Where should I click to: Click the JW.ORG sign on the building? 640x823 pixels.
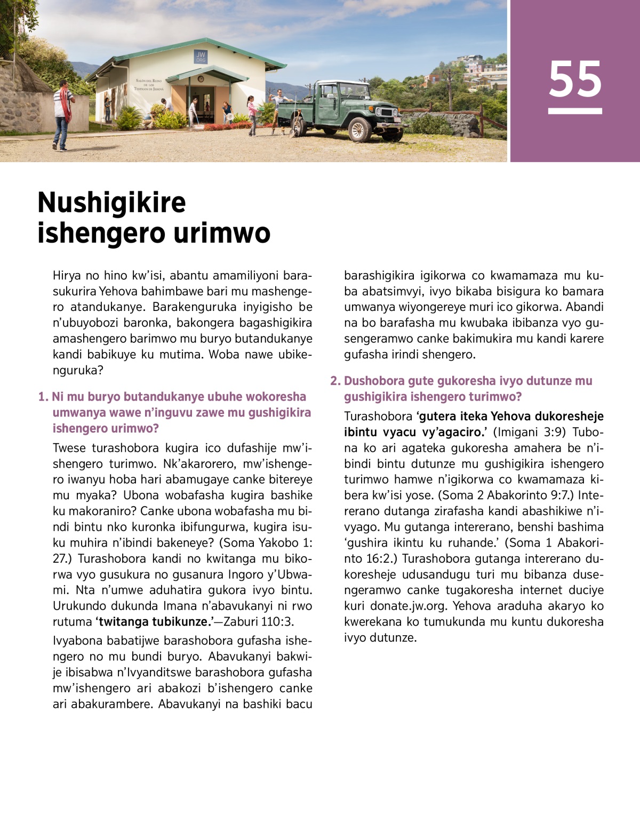201,57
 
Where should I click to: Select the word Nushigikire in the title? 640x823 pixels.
111,202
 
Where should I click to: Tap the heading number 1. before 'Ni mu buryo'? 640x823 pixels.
43,397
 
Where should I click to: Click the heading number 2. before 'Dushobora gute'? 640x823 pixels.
335,381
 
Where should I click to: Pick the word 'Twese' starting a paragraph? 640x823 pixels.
69,448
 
